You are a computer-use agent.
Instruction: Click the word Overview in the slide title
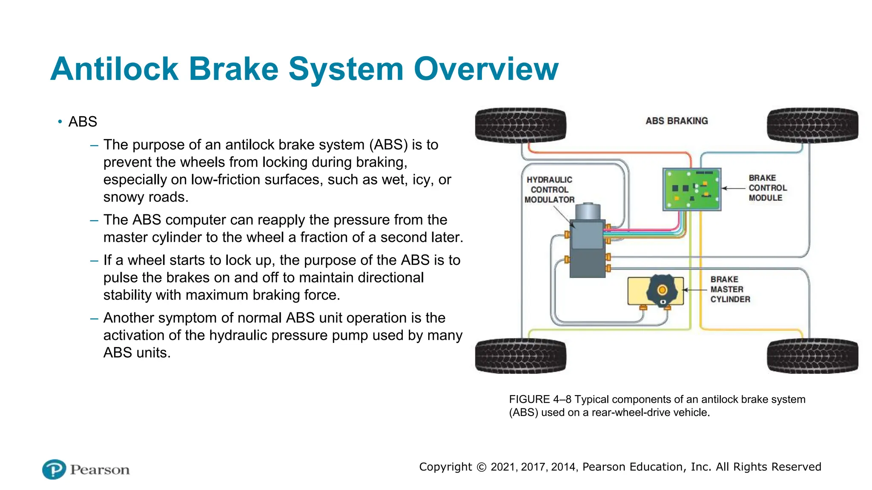(486, 69)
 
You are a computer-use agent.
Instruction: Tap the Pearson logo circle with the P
(54, 470)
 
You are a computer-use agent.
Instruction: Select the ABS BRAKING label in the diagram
(677, 121)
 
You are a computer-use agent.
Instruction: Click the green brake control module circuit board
(692, 189)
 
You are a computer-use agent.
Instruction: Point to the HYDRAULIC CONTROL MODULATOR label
(549, 190)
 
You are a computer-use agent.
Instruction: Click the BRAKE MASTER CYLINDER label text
(730, 289)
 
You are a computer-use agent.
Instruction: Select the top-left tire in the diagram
(520, 125)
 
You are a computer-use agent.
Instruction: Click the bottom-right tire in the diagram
(812, 356)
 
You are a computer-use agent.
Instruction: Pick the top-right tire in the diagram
(812, 125)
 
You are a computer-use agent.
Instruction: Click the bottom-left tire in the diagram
(520, 356)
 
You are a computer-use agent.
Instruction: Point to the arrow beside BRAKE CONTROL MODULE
(733, 188)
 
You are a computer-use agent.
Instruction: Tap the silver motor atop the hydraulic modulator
(588, 211)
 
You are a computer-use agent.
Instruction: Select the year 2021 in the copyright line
(502, 467)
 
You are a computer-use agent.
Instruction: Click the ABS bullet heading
(83, 122)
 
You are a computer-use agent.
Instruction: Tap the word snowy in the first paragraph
(123, 197)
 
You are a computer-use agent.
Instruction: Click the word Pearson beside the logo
(100, 470)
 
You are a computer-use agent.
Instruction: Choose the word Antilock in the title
(114, 69)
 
